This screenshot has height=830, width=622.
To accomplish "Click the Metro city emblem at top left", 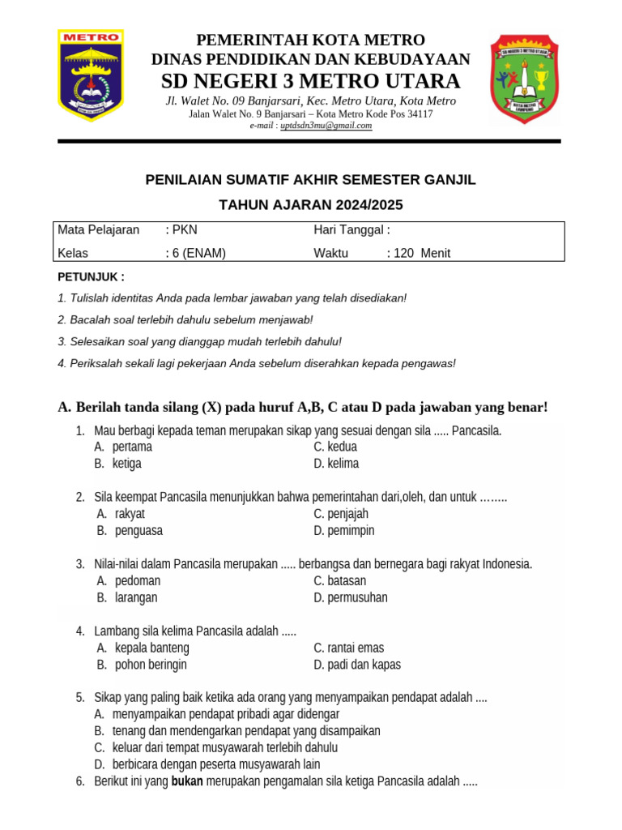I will pos(91,76).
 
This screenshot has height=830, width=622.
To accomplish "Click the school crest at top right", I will pos(525,79).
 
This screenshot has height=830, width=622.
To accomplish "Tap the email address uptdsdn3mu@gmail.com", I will pos(326,126).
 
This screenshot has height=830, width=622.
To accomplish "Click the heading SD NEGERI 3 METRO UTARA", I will pos(310,81).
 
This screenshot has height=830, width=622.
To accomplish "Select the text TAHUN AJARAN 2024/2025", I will pos(310,204).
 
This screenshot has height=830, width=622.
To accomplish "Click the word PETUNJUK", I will pos(91,276).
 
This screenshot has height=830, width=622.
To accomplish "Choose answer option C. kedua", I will pos(335,447).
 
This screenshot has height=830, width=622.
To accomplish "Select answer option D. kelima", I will pos(336,464).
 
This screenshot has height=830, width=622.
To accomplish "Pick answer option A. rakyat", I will pos(121,514).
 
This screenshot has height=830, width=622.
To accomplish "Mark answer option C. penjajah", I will pos(341,514).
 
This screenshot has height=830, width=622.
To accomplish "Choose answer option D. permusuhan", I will pos(350,597).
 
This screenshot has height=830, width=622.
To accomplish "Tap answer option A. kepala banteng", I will pos(143,648).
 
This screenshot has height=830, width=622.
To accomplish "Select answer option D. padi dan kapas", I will pos(356,665).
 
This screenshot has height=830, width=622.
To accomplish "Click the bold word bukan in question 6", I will pos(187,781).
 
